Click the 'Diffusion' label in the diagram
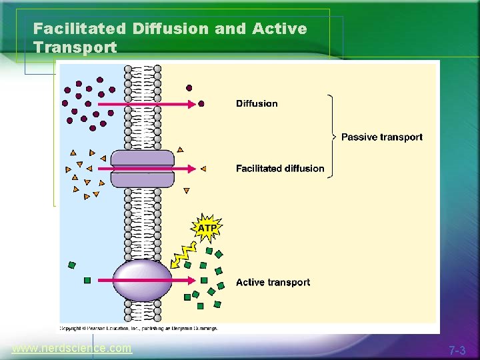click(257, 103)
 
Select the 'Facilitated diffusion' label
click(280, 169)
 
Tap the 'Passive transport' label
click(381, 137)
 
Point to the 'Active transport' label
click(273, 283)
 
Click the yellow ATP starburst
click(207, 228)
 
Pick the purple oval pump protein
click(141, 281)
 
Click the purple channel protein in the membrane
click(142, 169)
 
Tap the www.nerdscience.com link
click(72, 349)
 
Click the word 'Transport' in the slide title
click(75, 48)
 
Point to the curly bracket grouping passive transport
click(329, 136)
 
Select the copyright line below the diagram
click(139, 328)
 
